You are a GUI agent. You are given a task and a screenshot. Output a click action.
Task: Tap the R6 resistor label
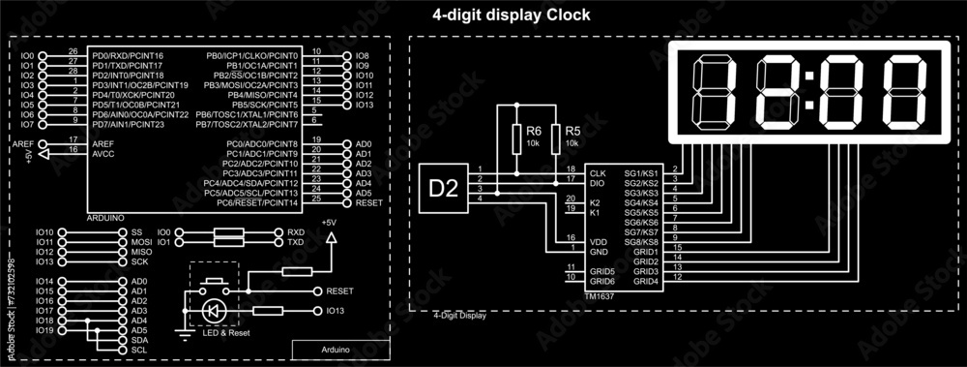(x=533, y=131)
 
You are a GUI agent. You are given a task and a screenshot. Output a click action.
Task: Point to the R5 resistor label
(x=572, y=131)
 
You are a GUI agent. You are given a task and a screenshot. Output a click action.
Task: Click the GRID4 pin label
(x=645, y=281)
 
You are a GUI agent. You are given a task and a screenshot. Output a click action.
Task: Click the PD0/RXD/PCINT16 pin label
(x=128, y=56)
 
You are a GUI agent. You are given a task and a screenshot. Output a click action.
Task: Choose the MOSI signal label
(x=141, y=242)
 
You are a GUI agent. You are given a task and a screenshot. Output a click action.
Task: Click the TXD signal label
(x=295, y=242)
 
